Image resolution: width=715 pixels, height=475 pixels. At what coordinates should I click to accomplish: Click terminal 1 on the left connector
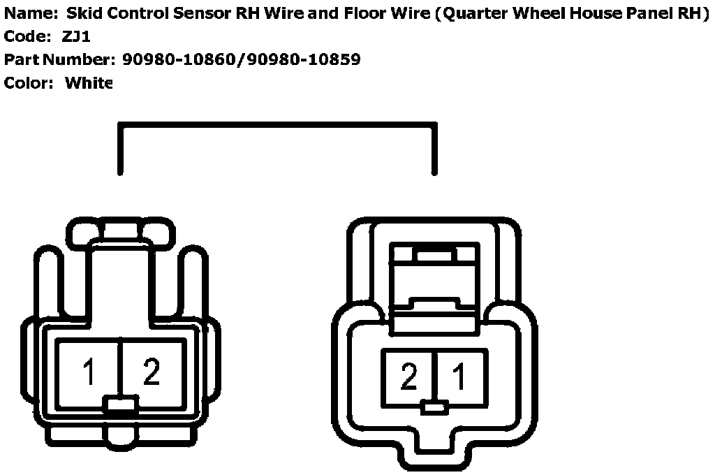89,372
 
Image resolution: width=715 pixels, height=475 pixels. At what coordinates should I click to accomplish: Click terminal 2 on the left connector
152,372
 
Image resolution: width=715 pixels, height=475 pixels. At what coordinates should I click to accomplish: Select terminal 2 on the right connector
408,377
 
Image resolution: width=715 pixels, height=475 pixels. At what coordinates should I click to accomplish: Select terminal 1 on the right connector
459,377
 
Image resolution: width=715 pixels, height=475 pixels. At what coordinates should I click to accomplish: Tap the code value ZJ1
77,36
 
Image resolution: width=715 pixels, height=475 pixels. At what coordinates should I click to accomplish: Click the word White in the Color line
89,83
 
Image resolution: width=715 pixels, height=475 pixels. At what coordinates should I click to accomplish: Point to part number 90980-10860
179,59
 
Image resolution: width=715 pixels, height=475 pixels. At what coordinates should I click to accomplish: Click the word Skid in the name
82,13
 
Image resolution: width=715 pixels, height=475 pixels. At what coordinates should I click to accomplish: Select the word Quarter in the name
474,13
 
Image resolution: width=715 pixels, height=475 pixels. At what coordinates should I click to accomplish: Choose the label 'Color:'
29,83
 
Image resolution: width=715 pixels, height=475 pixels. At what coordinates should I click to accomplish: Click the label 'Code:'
27,36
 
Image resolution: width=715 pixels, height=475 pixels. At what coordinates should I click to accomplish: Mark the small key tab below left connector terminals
120,404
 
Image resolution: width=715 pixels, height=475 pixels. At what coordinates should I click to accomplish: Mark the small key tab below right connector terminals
434,407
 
